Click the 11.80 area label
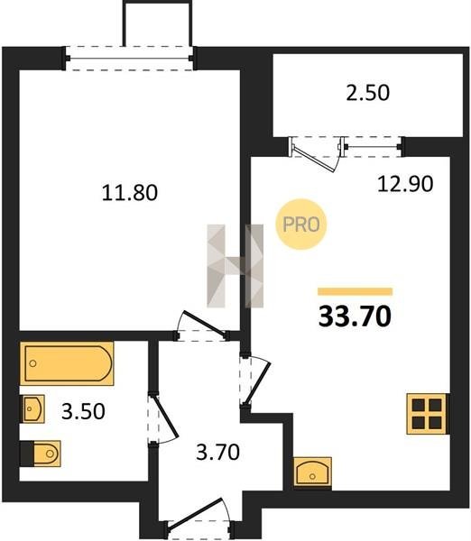130,193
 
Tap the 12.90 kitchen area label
405,184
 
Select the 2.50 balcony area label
368,93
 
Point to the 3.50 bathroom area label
83,412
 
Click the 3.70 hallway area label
217,453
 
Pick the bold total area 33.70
355,316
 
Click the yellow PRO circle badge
301,225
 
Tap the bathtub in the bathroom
67,363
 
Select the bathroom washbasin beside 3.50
33,408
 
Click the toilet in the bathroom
41,454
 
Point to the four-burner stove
427,413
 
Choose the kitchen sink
312,472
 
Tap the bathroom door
162,419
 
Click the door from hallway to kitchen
254,381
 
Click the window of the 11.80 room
129,59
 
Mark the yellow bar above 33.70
355,291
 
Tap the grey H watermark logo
235,266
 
